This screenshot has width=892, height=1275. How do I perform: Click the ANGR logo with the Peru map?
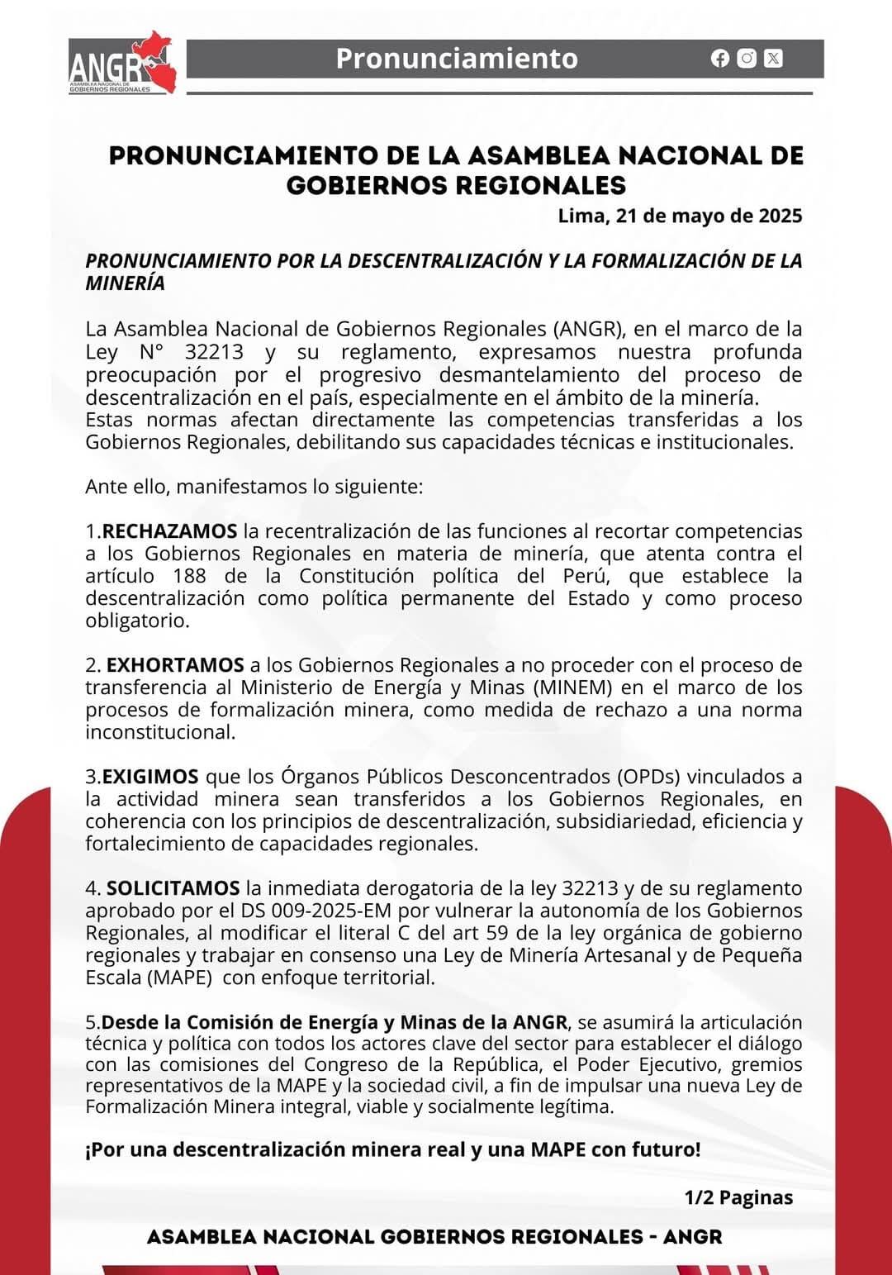[122, 64]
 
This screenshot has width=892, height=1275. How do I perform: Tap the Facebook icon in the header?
[720, 58]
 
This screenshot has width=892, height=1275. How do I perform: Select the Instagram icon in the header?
[747, 58]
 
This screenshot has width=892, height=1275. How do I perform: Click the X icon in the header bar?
[773, 58]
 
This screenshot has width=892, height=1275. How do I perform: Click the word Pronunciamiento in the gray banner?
[457, 59]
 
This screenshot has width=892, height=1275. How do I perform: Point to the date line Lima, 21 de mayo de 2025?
[680, 216]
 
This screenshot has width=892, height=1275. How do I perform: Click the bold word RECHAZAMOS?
[169, 531]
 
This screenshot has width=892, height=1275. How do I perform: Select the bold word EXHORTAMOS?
[175, 665]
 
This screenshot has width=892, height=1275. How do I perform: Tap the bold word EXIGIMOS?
[150, 777]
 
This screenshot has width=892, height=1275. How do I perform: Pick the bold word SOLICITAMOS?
[173, 888]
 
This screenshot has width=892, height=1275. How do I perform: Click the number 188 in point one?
[190, 576]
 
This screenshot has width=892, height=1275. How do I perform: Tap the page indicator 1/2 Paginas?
[738, 1197]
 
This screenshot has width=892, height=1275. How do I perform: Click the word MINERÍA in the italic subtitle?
[125, 283]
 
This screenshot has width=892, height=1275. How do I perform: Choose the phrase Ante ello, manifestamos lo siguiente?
[254, 487]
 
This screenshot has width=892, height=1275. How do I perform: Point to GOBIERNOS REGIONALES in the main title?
[456, 185]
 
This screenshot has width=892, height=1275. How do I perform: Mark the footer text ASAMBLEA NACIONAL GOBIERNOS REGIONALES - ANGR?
[434, 1237]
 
